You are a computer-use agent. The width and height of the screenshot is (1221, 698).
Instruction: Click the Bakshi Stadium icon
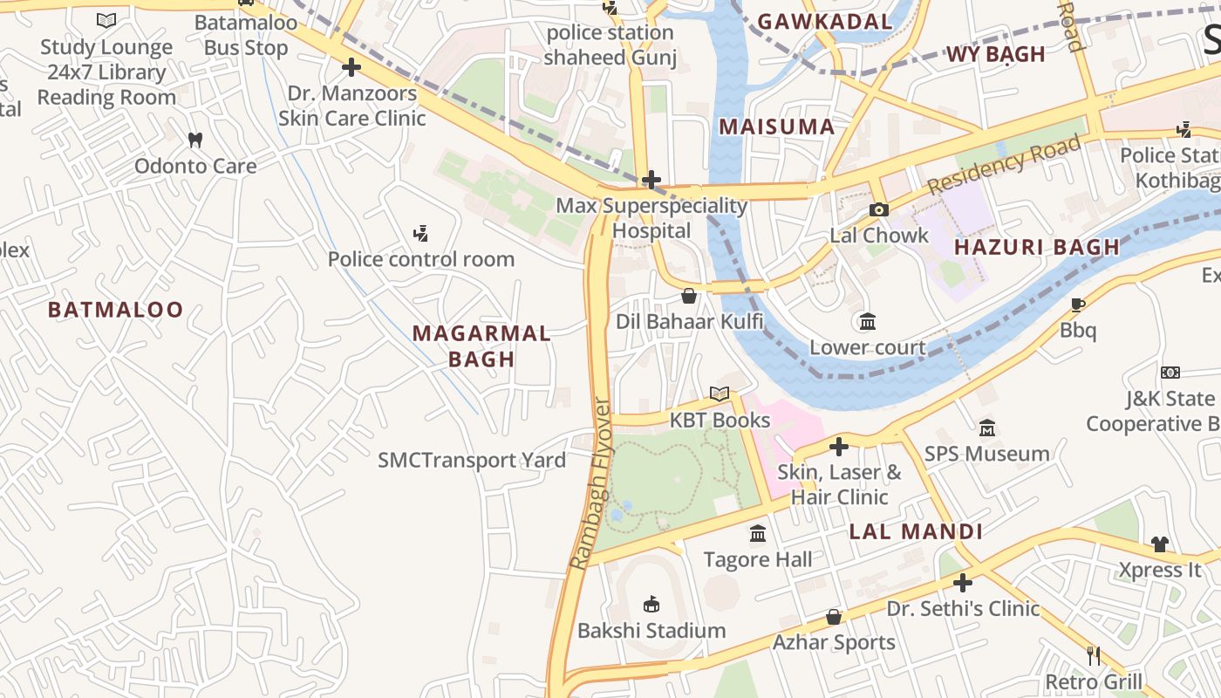coord(651,604)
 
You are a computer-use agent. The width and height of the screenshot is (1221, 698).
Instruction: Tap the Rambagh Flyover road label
coord(590,484)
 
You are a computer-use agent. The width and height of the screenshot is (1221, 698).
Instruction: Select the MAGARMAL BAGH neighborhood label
coord(481,346)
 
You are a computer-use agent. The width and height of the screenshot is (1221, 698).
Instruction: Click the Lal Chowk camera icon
coord(878,209)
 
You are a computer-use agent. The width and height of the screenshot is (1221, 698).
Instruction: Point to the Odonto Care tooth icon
coord(195,140)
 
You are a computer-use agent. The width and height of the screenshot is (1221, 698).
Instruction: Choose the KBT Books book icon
coord(719,393)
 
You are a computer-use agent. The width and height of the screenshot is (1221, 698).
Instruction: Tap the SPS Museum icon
coord(987,428)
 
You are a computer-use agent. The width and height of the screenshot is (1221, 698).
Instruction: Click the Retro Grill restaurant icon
coord(1093,655)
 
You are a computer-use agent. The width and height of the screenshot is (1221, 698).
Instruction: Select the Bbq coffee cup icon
coord(1078,305)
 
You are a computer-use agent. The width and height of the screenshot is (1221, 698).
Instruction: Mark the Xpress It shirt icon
coord(1159,544)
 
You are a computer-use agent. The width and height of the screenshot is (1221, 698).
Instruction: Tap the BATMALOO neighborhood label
coord(116,310)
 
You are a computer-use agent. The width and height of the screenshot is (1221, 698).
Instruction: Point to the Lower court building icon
coord(867,322)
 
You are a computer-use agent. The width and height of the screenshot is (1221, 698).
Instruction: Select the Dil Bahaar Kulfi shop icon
coord(689,296)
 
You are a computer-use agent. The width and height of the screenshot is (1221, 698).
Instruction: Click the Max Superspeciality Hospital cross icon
coord(651,181)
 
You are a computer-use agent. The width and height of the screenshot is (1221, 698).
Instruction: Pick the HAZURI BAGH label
coord(1036,247)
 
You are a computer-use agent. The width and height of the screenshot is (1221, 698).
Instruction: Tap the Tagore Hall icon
coord(758,533)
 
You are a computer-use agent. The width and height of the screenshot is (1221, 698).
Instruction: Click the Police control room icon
coord(420,233)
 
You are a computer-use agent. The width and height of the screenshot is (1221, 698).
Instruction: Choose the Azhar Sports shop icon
coord(834,617)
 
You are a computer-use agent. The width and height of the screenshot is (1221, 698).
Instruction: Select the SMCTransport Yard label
coord(472,460)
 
